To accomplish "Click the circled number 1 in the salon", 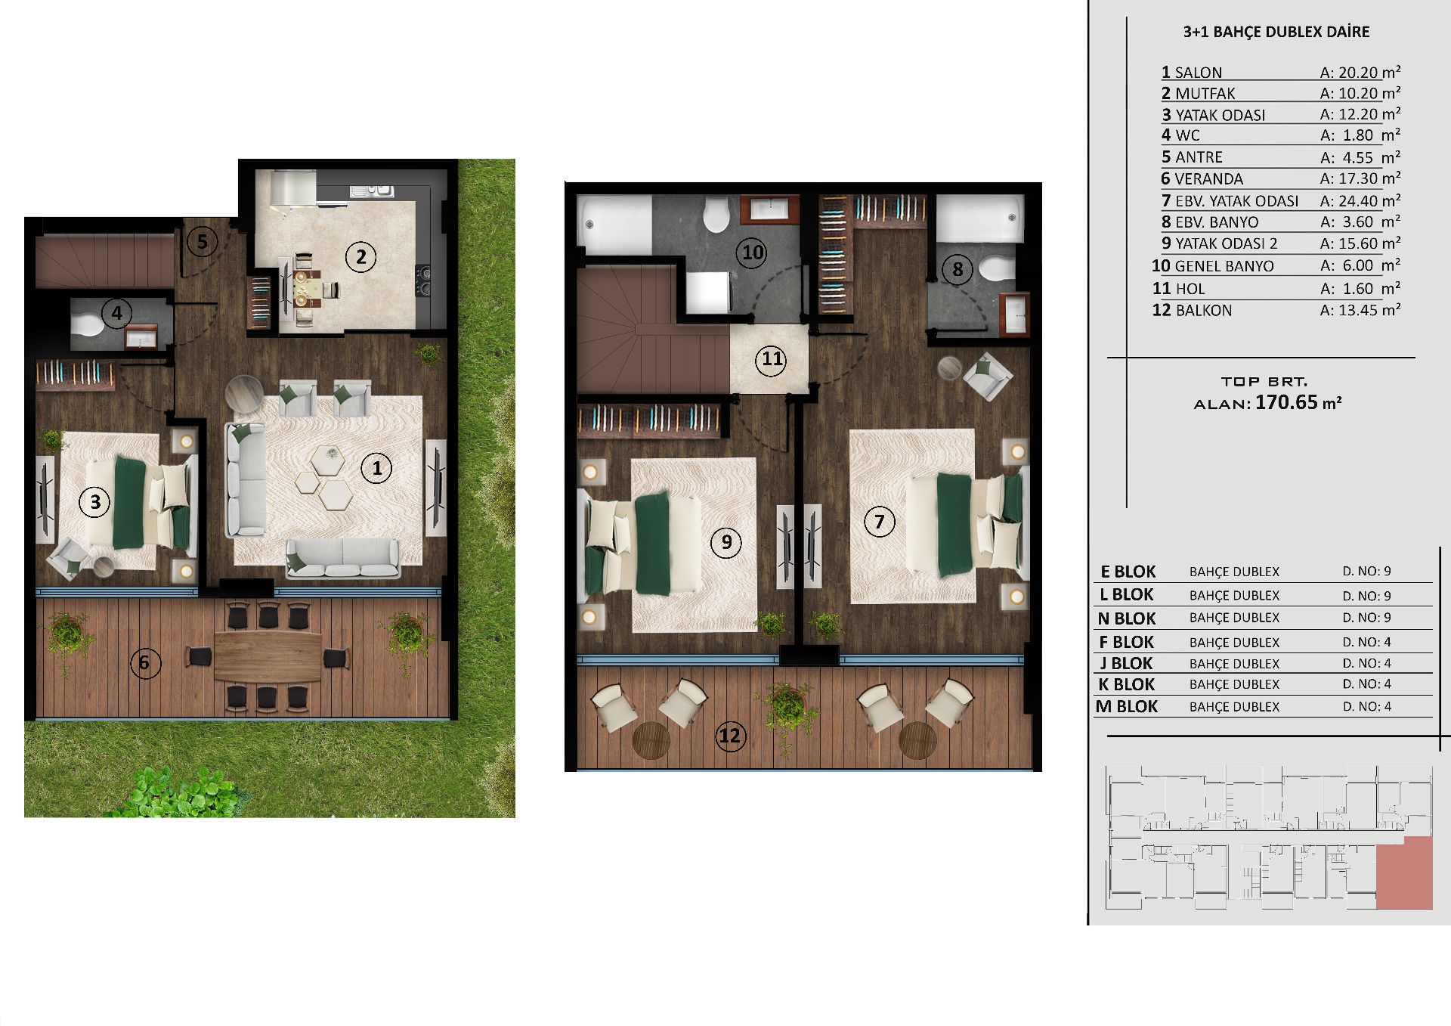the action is (376, 468).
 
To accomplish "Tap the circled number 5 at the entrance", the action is (202, 242).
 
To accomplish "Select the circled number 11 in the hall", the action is (772, 359).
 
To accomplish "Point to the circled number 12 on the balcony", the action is (729, 736).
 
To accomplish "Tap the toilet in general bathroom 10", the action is (716, 215).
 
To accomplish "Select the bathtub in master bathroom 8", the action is (979, 219).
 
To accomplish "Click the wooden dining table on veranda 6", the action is (268, 657).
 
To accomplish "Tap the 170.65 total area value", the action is (1286, 402).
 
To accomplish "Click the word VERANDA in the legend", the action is (1208, 179).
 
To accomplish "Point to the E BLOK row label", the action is (1128, 572).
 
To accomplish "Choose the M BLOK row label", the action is (1127, 706).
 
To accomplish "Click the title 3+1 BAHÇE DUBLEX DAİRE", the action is (1276, 32).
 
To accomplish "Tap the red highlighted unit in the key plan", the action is (1404, 873).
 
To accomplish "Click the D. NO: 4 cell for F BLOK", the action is (1366, 642).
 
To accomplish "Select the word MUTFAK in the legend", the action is (1205, 94).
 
